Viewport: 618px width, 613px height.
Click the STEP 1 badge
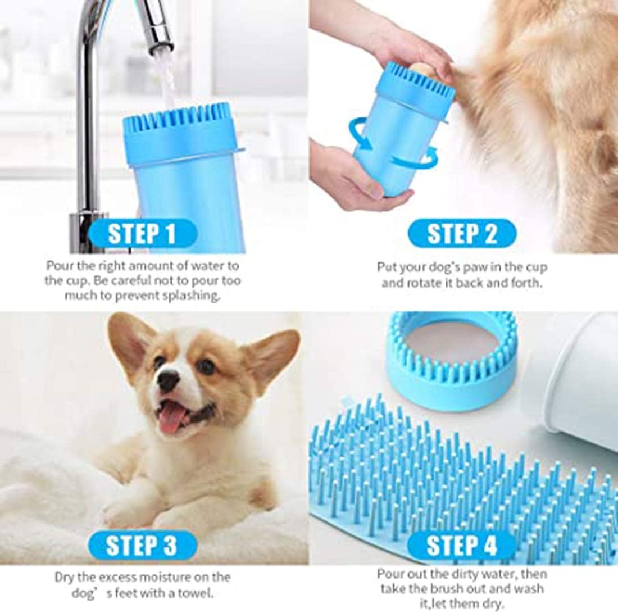pyautogui.click(x=142, y=234)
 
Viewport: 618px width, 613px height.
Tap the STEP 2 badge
pyautogui.click(x=462, y=233)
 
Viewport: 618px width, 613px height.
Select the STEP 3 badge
pyautogui.click(x=142, y=545)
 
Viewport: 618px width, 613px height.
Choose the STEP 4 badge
pyautogui.click(x=461, y=546)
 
